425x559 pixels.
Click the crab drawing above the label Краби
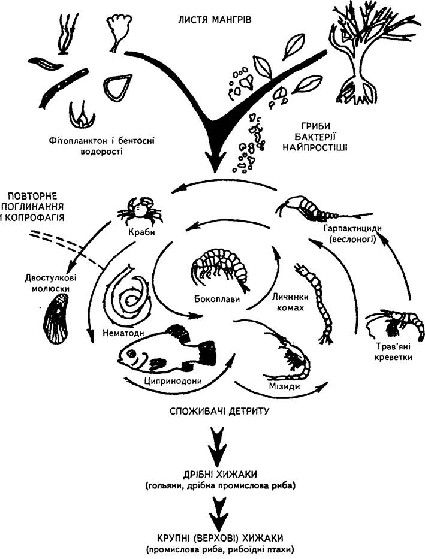140,211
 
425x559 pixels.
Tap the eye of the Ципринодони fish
131,354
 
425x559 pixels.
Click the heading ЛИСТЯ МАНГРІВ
215,19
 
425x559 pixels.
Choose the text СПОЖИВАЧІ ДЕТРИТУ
219,411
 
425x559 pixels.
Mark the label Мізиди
284,386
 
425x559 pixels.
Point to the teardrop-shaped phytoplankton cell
117,88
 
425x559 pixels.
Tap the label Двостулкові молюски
50,283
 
